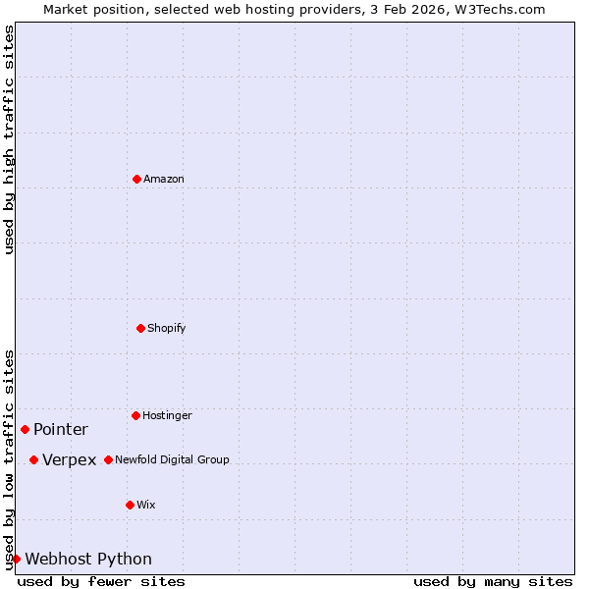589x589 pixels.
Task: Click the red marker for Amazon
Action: pyautogui.click(x=136, y=179)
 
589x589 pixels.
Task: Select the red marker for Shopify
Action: pyautogui.click(x=140, y=328)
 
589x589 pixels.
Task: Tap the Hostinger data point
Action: pyautogui.click(x=135, y=415)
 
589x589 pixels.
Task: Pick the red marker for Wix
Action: pyautogui.click(x=130, y=505)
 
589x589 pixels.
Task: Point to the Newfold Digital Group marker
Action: pyautogui.click(x=108, y=459)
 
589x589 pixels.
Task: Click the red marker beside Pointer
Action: pyautogui.click(x=25, y=429)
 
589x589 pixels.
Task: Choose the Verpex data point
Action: pyautogui.click(x=33, y=459)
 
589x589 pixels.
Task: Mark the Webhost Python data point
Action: pyautogui.click(x=16, y=559)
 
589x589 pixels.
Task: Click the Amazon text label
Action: pyautogui.click(x=164, y=180)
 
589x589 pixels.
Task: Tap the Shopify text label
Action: pyautogui.click(x=167, y=329)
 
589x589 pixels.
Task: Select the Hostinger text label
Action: pyautogui.click(x=167, y=416)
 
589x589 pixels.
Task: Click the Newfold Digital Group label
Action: pyautogui.click(x=172, y=460)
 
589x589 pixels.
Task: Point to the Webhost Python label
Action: pyautogui.click(x=88, y=560)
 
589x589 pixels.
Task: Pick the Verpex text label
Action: pyautogui.click(x=70, y=460)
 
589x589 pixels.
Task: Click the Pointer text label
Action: pyautogui.click(x=61, y=430)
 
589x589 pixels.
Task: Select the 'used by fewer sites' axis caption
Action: pyautogui.click(x=101, y=582)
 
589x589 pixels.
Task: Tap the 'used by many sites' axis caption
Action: pyautogui.click(x=493, y=582)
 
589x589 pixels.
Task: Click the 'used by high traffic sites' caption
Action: pyautogui.click(x=9, y=139)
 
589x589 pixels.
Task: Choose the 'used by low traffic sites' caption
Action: pyautogui.click(x=9, y=459)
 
